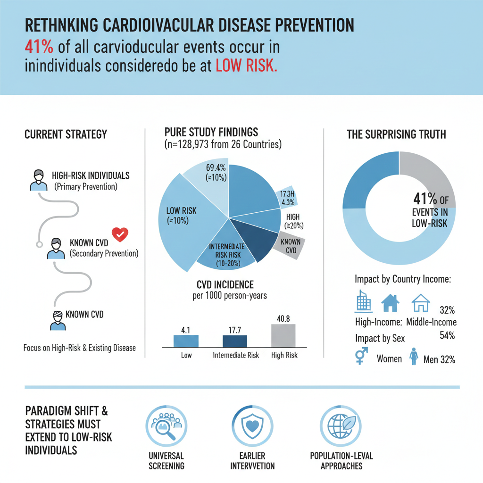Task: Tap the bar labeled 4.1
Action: pos(186,341)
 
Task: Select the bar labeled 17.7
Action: pos(234,341)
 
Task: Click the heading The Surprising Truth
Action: pos(396,134)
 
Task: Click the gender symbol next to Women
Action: pos(361,356)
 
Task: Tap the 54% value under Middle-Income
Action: pos(446,335)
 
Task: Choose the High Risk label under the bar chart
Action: pos(284,355)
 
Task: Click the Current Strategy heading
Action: pos(66,135)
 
